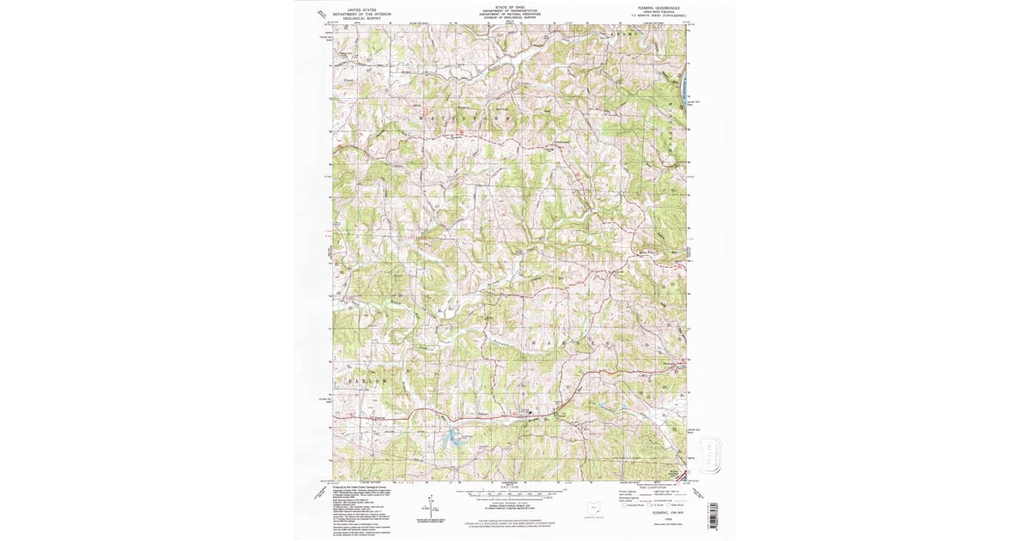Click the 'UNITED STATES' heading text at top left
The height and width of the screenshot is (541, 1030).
pyautogui.click(x=359, y=9)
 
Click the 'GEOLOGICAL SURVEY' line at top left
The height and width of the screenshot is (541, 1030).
pyautogui.click(x=359, y=19)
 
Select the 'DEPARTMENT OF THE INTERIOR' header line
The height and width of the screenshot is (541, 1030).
pyautogui.click(x=359, y=14)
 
